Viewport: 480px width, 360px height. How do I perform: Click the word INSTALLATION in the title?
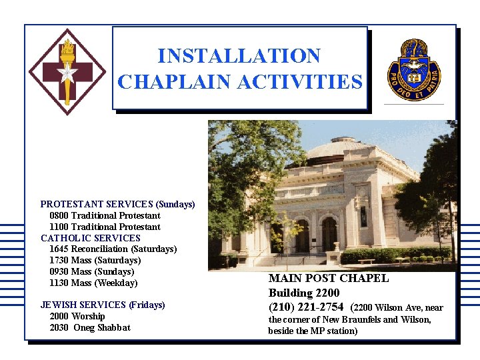(x=239, y=56)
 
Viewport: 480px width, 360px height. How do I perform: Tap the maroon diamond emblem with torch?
(x=67, y=72)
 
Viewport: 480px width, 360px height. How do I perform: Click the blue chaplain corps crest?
(x=414, y=68)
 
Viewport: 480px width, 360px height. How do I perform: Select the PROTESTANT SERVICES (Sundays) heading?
(x=117, y=204)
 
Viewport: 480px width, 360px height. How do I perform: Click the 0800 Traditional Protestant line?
(x=105, y=215)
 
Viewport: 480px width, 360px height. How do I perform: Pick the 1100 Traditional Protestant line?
(x=105, y=227)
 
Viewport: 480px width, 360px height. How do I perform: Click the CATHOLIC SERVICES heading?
(x=91, y=238)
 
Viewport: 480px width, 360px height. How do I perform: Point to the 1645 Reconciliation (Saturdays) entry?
(x=113, y=249)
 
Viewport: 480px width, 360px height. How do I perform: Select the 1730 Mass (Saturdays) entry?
(x=95, y=260)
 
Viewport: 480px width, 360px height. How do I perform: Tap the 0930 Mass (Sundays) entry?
(x=91, y=271)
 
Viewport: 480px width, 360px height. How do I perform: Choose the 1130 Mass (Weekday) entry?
(x=93, y=283)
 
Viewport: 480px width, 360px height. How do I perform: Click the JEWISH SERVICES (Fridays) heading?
(x=103, y=305)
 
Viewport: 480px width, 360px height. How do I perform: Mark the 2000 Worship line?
(x=77, y=316)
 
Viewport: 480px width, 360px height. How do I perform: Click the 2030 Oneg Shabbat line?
(x=89, y=327)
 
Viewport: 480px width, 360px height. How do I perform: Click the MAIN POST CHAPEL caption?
(x=328, y=279)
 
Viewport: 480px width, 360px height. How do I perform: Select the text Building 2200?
(x=304, y=293)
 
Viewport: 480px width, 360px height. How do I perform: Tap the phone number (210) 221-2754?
(x=306, y=307)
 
